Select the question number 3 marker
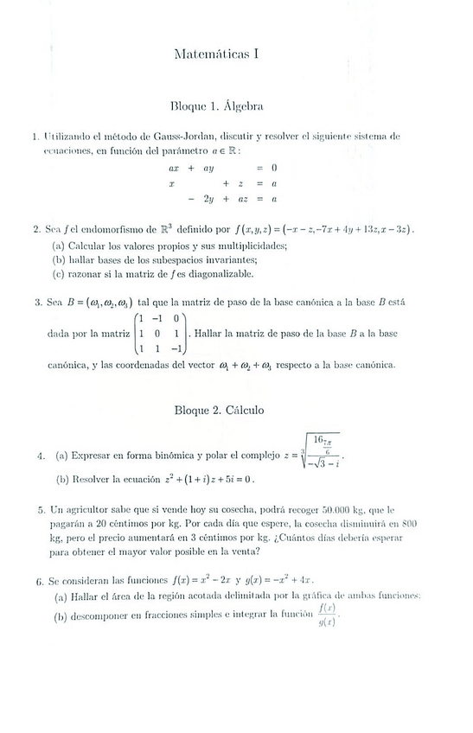pos(38,303)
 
